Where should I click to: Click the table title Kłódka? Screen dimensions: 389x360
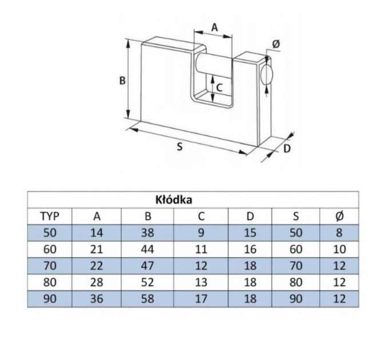point(174,199)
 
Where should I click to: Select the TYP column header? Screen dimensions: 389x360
point(50,217)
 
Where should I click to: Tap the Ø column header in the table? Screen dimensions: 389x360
point(339,217)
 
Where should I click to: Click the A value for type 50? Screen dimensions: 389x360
point(97,233)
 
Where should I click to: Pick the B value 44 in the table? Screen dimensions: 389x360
point(148,249)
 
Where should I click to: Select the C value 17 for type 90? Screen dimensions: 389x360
point(201,298)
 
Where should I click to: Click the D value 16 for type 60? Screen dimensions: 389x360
point(250,249)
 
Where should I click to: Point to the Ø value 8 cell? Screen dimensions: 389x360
point(339,233)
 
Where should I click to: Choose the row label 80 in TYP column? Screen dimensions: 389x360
point(50,282)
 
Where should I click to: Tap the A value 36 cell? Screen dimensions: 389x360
point(97,298)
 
